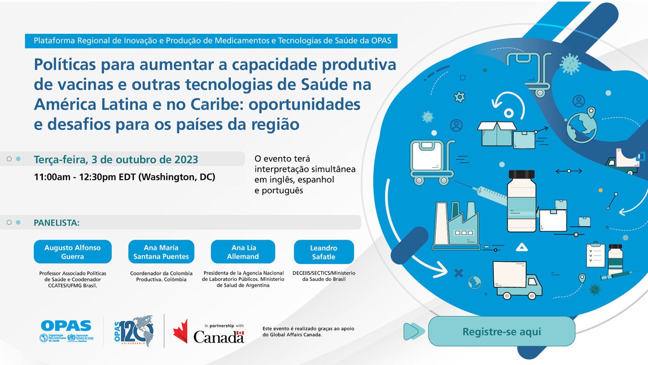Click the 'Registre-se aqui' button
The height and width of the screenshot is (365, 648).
click(502, 331)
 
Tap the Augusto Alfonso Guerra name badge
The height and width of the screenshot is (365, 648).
click(73, 252)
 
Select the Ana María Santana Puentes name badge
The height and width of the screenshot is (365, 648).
click(161, 252)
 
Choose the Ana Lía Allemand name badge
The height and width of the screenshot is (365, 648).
click(243, 252)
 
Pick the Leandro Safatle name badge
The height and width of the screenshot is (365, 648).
click(324, 252)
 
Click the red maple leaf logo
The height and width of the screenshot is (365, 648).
click(180, 331)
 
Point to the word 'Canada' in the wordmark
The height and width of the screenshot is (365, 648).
click(219, 337)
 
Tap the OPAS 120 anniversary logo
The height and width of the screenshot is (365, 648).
click(134, 331)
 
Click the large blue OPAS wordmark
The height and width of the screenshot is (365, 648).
click(66, 326)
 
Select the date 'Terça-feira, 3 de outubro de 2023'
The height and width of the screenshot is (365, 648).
click(116, 159)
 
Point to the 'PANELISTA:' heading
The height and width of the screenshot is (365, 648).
click(57, 223)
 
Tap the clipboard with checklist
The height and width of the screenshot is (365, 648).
click(596, 255)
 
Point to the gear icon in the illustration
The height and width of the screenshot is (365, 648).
click(460, 97)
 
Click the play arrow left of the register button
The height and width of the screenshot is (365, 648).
click(412, 331)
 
